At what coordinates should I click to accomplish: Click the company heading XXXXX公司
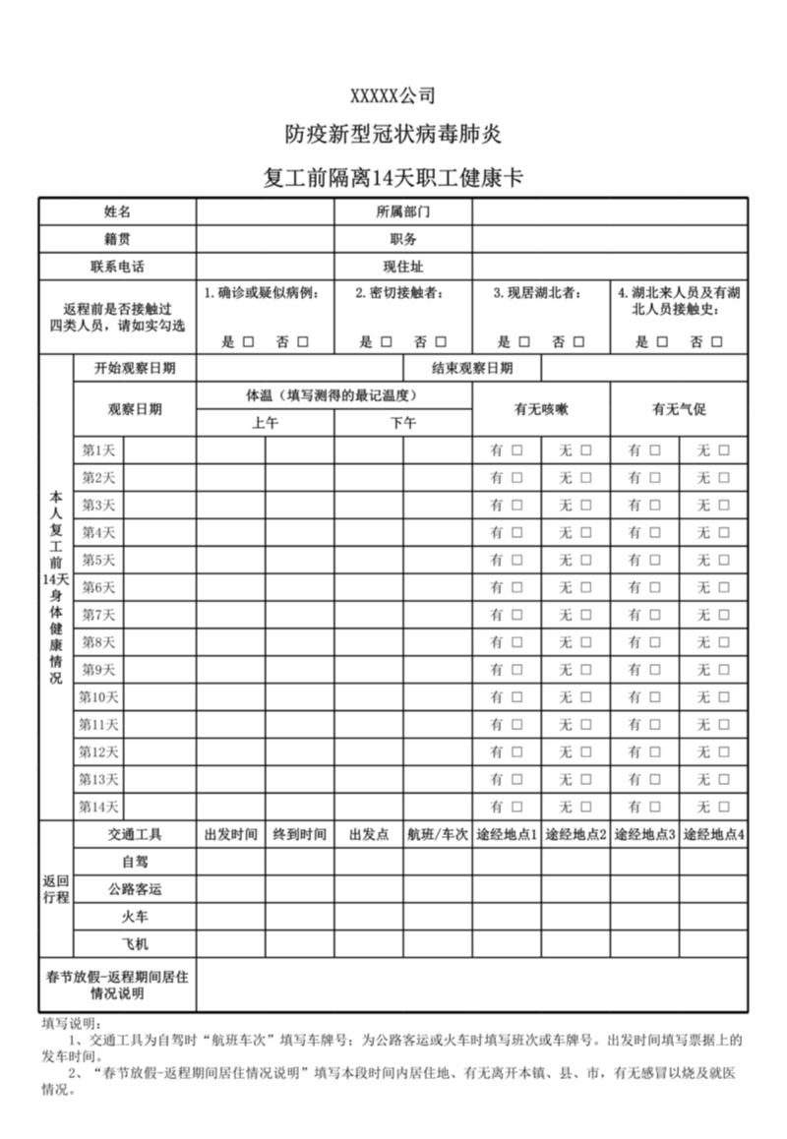393,95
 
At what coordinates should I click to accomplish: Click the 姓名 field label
117,211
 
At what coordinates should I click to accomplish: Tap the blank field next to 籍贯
265,239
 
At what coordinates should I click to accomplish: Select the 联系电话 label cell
117,267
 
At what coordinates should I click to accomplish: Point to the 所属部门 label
403,211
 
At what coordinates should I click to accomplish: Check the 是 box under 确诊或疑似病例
248,341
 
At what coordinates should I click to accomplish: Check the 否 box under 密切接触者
440,341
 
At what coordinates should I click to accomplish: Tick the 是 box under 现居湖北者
523,341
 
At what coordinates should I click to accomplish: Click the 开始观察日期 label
135,369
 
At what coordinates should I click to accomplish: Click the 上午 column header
265,423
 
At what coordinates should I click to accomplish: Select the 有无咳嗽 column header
541,409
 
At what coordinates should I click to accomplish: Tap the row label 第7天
98,615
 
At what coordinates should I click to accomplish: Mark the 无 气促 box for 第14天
724,807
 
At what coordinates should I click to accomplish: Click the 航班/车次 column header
437,835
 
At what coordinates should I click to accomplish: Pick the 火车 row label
135,917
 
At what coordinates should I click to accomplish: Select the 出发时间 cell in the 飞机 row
230,944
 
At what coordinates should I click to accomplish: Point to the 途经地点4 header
713,835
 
